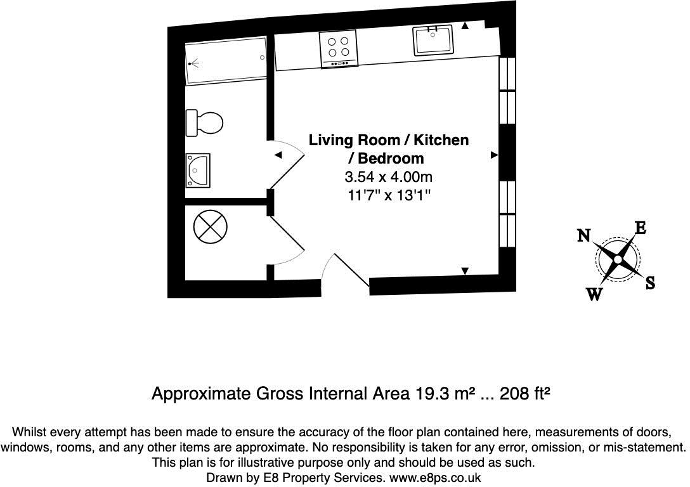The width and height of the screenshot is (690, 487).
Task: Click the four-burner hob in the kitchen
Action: point(339,48)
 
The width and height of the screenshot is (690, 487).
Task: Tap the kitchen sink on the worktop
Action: point(433,41)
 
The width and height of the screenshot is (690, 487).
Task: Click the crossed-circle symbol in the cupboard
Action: point(210,226)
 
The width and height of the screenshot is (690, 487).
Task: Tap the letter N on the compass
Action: point(584,236)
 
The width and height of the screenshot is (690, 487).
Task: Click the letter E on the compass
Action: point(641,228)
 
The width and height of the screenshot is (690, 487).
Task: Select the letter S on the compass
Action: point(650,283)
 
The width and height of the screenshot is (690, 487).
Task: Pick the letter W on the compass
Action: point(594,294)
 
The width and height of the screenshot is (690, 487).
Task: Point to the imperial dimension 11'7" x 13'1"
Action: point(389,195)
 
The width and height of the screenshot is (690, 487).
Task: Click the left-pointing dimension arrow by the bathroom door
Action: point(278,155)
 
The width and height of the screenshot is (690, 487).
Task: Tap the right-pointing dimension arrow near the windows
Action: point(494,155)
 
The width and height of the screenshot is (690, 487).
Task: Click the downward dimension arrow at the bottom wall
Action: point(465,271)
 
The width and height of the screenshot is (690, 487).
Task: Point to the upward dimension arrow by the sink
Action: point(465,26)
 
